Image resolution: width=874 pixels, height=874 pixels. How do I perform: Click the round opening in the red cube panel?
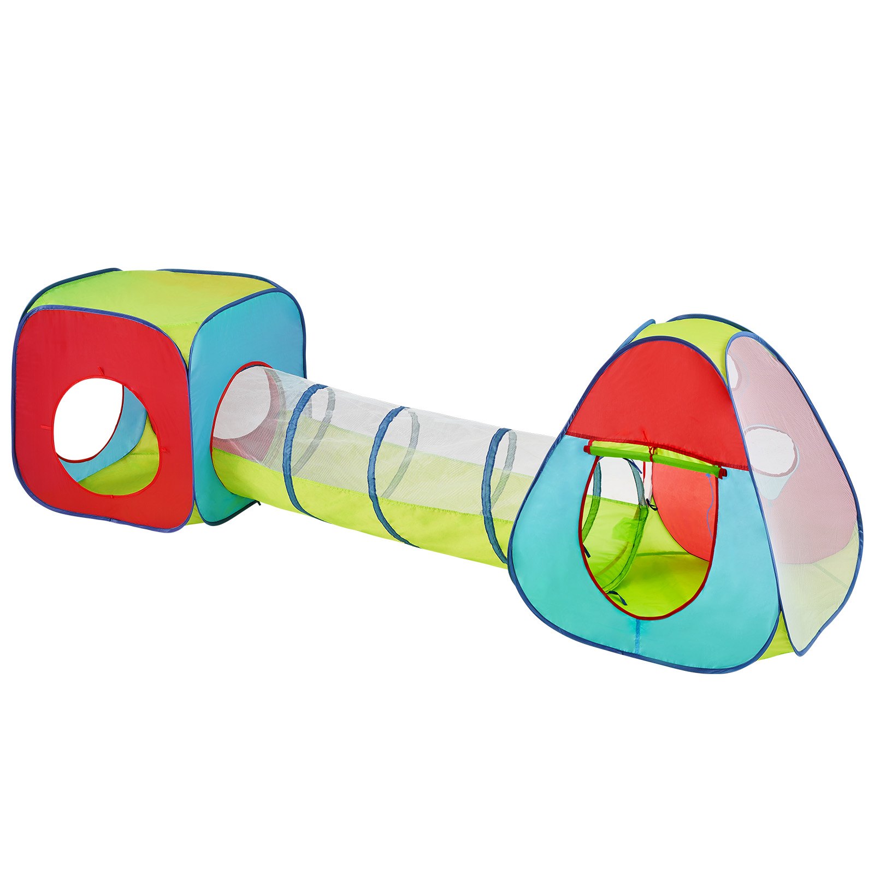pyautogui.click(x=104, y=432)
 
